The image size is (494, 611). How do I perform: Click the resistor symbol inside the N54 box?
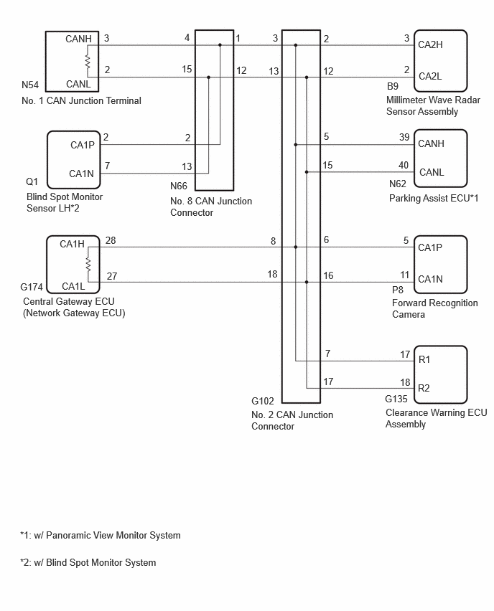[x=88, y=62]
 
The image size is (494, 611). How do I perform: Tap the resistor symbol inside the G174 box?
[x=88, y=265]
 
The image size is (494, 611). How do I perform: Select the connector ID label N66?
[x=179, y=186]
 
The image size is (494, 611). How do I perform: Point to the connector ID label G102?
[x=263, y=401]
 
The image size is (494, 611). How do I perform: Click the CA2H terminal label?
[x=430, y=44]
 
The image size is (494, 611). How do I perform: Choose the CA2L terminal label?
[x=430, y=76]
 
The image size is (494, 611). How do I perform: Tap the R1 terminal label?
[x=424, y=359]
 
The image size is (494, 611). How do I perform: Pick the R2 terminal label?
[x=424, y=388]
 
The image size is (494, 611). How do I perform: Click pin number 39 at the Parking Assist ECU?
[x=404, y=137]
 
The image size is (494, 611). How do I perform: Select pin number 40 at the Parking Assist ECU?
[x=404, y=165]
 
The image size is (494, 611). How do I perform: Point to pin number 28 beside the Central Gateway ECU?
[x=111, y=240]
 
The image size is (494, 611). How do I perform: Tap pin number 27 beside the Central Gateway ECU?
[x=112, y=276]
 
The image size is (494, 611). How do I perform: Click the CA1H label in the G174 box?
[x=73, y=245]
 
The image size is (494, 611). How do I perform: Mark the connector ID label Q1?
[x=32, y=181]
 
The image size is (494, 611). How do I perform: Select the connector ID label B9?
[x=393, y=86]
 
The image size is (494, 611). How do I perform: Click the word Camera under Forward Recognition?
[x=409, y=314]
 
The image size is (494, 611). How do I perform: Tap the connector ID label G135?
[x=396, y=399]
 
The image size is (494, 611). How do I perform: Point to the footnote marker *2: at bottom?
[x=25, y=563]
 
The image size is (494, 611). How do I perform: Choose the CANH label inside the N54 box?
[x=78, y=39]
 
